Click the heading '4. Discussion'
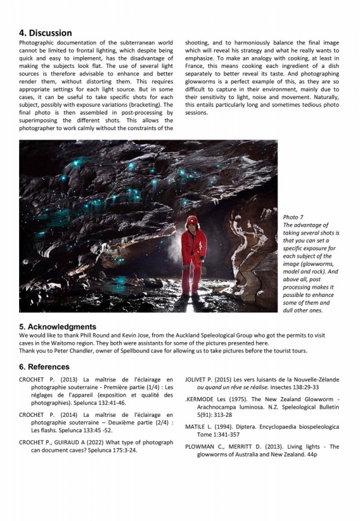(46, 33)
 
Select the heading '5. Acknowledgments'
(57, 326)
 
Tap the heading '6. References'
(44, 366)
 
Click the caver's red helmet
(192, 221)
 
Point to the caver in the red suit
(193, 255)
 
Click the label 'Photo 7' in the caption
(293, 217)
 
